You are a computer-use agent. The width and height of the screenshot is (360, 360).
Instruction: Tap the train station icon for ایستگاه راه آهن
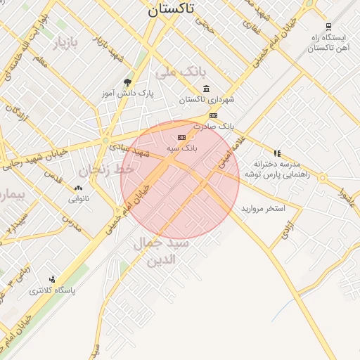(x=328, y=27)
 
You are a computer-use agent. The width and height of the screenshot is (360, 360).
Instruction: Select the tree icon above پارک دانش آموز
(x=127, y=82)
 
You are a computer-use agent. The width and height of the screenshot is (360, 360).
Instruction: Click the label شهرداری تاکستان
(x=206, y=100)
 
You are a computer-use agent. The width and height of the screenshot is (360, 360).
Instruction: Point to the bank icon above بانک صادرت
(x=213, y=115)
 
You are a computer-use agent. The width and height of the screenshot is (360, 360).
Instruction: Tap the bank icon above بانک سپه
(x=182, y=137)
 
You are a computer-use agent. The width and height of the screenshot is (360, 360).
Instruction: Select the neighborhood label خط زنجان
(x=106, y=169)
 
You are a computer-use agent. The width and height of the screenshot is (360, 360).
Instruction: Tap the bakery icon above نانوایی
(x=78, y=188)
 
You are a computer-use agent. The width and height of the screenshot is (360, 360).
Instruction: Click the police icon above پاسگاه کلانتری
(x=53, y=279)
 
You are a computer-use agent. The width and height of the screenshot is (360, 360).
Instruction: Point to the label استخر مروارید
(x=264, y=209)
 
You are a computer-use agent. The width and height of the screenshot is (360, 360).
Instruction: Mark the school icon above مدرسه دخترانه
(x=278, y=153)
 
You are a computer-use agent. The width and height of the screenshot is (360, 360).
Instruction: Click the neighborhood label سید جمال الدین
(x=161, y=250)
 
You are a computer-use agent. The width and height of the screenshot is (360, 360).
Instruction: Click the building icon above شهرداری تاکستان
(x=206, y=88)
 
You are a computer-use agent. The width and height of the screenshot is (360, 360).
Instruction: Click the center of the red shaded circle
(x=180, y=179)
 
